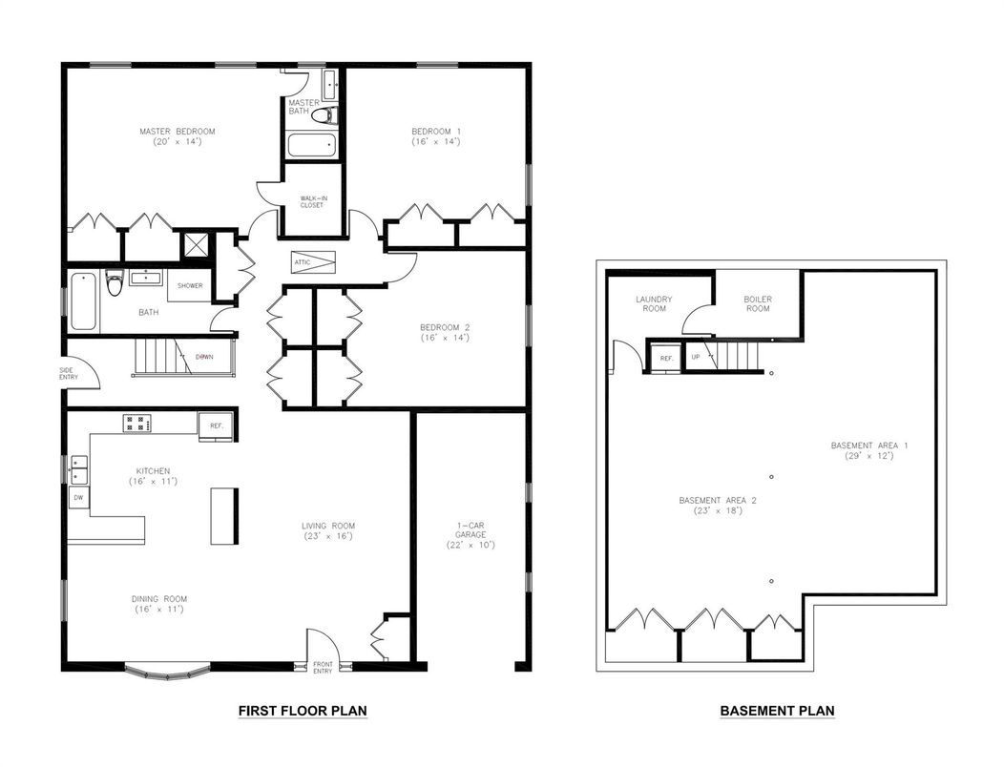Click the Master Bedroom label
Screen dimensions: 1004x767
178,132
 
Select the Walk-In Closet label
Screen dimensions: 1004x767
313,201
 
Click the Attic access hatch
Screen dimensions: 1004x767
313,262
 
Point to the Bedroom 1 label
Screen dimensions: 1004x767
436,132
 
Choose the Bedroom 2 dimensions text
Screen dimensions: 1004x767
445,338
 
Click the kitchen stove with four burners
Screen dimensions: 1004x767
137,424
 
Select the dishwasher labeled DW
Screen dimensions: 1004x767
79,497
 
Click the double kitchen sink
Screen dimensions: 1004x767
79,469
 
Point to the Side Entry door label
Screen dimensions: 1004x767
68,374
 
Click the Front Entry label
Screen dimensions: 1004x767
323,667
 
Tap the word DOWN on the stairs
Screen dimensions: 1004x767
204,357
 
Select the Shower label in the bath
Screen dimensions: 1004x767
190,285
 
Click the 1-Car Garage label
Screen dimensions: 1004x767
471,534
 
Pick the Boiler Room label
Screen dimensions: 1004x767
758,303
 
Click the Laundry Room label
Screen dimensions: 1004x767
654,303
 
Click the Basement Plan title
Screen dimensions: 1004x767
777,711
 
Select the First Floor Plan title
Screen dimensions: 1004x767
303,711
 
